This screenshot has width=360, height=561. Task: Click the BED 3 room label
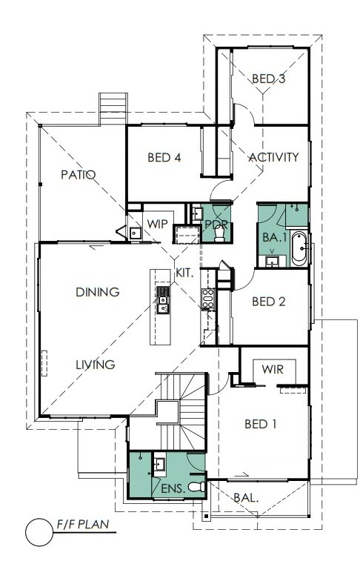click(268, 79)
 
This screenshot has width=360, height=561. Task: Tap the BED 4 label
click(164, 157)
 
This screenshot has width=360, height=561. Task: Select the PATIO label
click(79, 175)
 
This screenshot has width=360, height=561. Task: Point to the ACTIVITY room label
click(273, 157)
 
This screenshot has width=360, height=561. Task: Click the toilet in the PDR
click(219, 233)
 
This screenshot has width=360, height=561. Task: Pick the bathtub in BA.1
click(299, 249)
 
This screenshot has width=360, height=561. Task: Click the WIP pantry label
click(157, 225)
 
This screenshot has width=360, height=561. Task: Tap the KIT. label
click(184, 273)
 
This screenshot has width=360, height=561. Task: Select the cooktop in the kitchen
click(207, 298)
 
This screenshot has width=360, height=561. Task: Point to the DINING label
click(98, 292)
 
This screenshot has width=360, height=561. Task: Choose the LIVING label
click(96, 365)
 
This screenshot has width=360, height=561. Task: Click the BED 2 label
click(268, 302)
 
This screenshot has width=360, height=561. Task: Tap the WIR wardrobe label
click(273, 369)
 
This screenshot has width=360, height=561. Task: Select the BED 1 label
click(260, 425)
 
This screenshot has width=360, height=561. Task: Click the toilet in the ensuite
click(196, 487)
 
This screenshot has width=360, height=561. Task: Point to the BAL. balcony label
click(246, 498)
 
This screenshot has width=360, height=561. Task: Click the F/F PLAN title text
click(83, 525)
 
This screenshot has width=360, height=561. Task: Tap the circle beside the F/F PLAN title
click(39, 532)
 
